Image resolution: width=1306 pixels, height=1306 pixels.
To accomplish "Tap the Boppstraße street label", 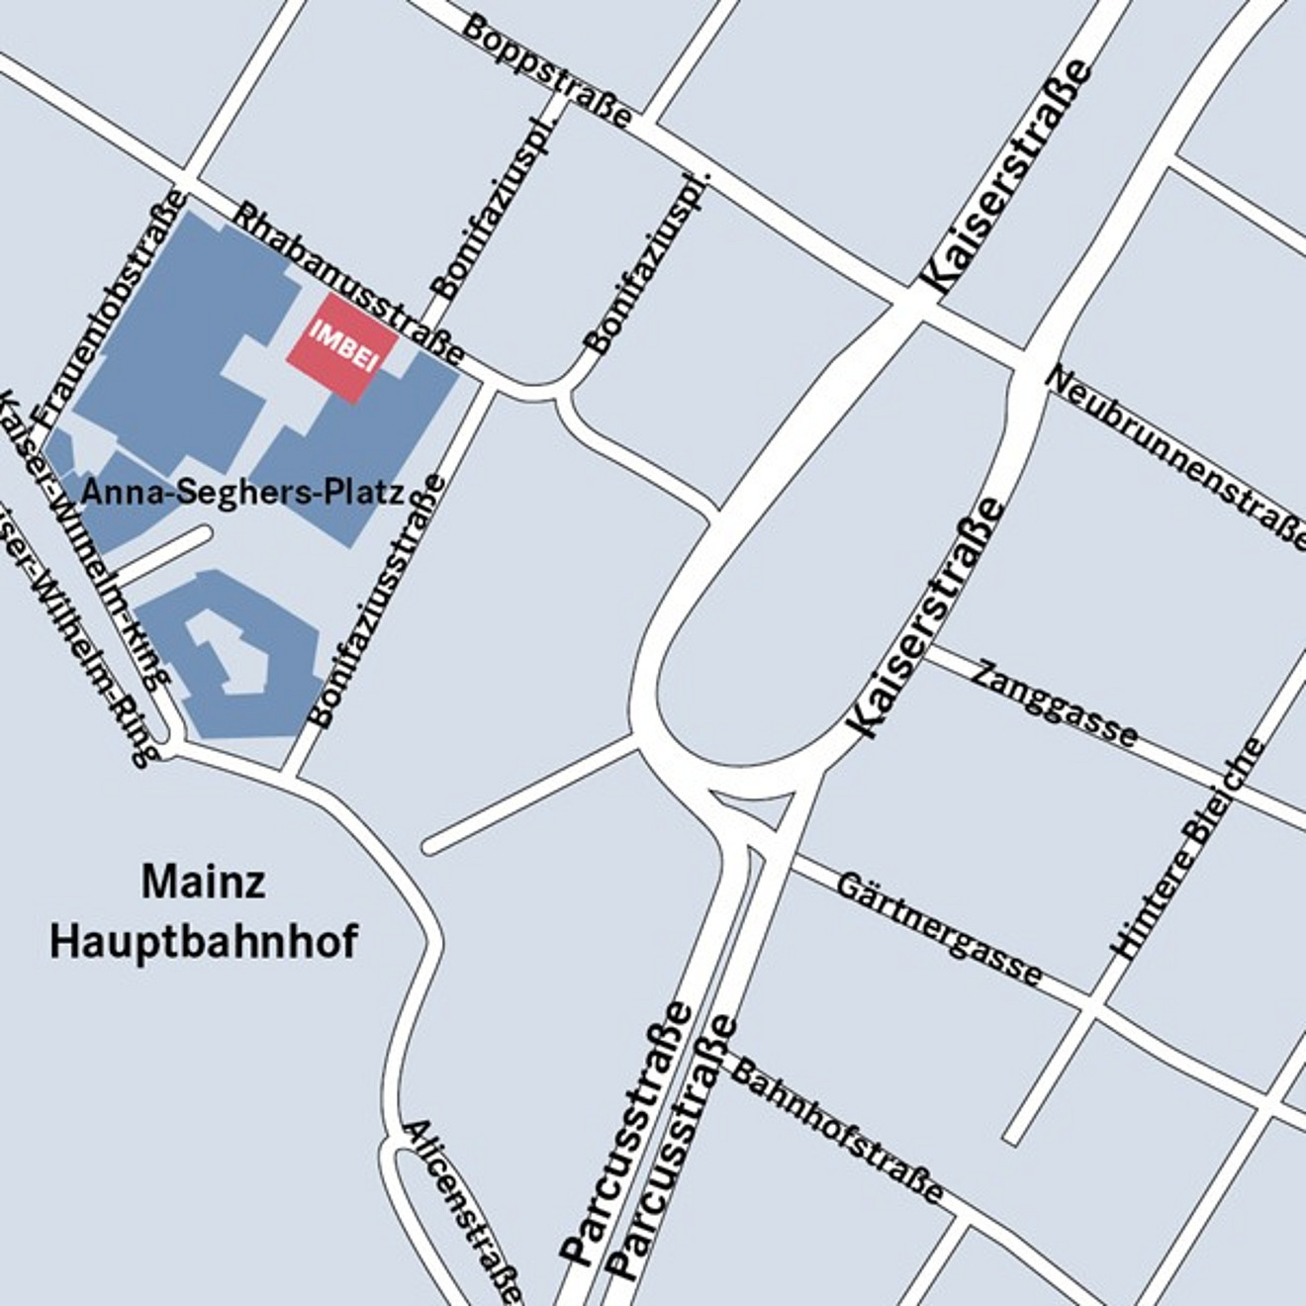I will point(545,70).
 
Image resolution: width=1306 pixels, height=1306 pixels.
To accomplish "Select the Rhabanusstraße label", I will point(348,283).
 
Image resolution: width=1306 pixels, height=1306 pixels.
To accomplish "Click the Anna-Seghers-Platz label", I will point(243,492).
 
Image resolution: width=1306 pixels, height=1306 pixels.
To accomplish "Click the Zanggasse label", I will point(1055,704).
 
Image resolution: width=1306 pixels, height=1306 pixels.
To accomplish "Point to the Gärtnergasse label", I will point(938,929).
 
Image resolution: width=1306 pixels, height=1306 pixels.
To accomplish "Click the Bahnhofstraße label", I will point(837,1127).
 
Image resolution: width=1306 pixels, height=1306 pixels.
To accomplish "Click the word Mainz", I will point(203,881).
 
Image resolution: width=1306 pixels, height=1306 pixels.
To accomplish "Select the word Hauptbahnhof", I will point(203,941).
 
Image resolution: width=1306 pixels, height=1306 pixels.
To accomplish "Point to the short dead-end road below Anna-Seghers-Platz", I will point(163,555).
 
